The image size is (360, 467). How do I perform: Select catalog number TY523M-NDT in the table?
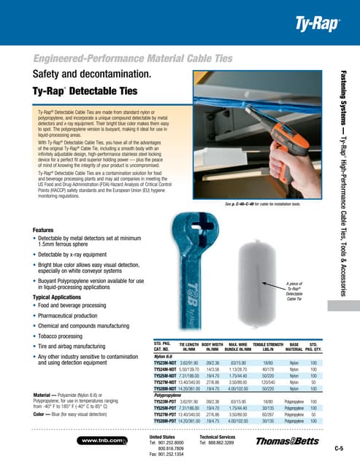170,362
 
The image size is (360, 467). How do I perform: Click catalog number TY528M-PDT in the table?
170,421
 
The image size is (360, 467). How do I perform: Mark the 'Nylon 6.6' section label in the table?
166,355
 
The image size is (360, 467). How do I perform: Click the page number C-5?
339,447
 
